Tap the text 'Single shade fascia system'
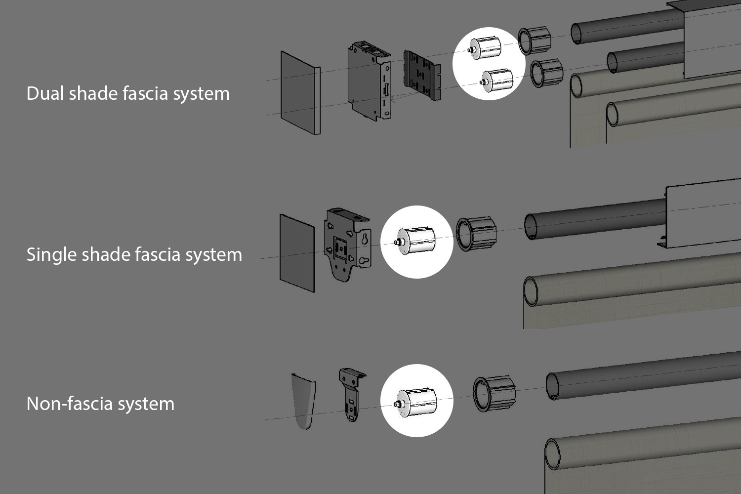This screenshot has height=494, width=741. click(x=134, y=254)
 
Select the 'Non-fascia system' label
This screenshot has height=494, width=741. click(x=100, y=404)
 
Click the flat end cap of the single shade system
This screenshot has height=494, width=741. click(x=297, y=253)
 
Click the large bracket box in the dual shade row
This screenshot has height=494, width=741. click(x=369, y=82)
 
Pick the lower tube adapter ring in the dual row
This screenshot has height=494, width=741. click(x=546, y=73)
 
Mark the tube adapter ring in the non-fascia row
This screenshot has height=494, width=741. click(x=494, y=394)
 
